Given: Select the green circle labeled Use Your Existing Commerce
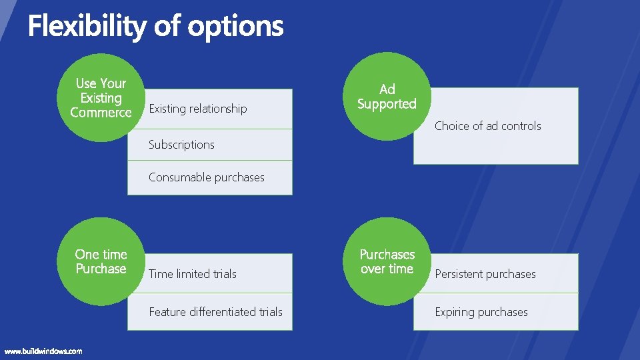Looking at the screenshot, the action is pos(101,97).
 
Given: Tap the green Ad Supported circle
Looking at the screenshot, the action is pos(387,97).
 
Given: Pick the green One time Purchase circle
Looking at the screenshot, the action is pos(101,261).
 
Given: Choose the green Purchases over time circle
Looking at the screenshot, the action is pos(387,261).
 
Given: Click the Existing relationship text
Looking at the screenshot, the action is pos(197,109).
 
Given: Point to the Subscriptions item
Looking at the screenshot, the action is pos(181,145).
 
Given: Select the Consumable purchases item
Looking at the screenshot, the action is pos(207,177).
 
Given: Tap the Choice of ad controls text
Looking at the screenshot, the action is pos(488,126).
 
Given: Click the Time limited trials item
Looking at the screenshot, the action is pos(193,274).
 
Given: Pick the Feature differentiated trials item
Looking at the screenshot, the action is pos(215,312).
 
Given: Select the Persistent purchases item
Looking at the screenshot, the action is pos(485,274).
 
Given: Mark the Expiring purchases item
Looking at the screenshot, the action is pos(481,312).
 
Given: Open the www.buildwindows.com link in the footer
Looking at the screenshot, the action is pos(43,351).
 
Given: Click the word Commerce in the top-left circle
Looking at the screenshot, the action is pos(101,113).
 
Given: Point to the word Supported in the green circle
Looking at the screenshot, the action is pos(387,104).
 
